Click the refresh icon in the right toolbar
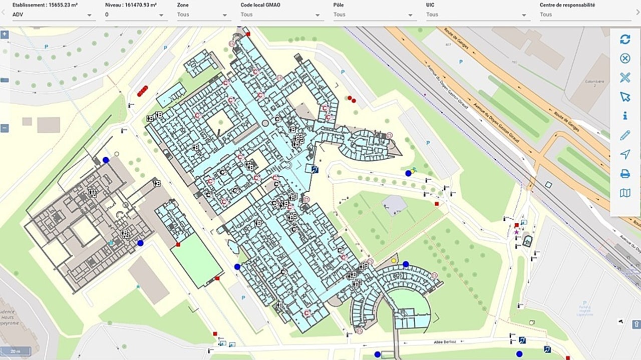tap(625, 40)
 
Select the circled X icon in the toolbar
tap(625, 59)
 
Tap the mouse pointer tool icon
tap(625, 97)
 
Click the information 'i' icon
tap(625, 116)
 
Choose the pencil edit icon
tap(625, 135)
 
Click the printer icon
tap(625, 174)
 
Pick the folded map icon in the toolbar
tap(625, 193)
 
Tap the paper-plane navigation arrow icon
tap(625, 154)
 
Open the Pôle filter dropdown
tap(375, 15)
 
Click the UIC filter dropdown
tap(478, 15)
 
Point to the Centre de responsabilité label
tap(567, 5)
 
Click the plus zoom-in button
tap(5, 35)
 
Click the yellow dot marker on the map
tap(394, 260)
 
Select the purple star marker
tap(516, 232)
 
